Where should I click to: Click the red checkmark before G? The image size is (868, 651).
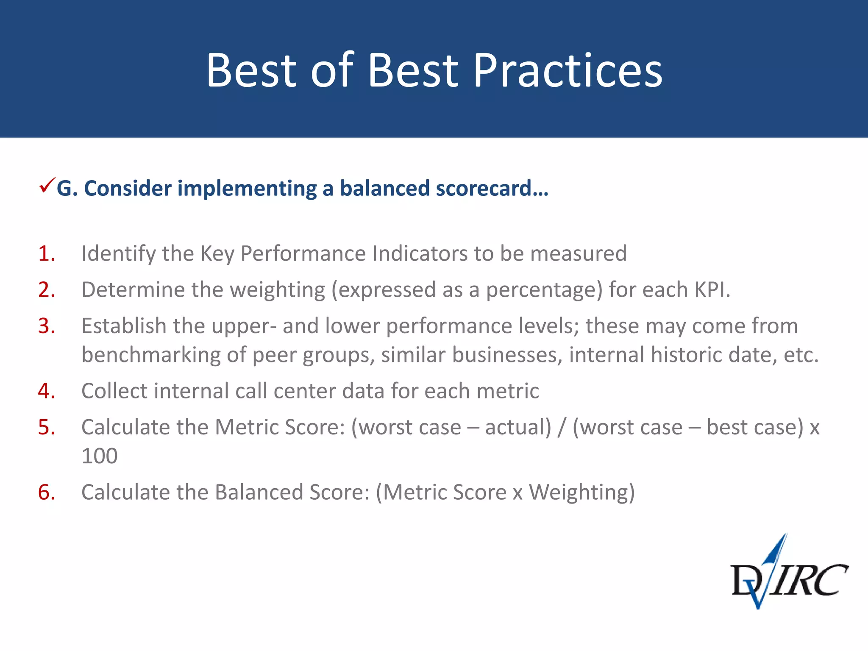[x=47, y=186]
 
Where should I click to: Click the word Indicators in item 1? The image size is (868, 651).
[x=420, y=253]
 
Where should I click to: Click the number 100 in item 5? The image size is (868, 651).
[x=100, y=456]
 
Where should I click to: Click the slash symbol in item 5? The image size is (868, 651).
[x=562, y=427]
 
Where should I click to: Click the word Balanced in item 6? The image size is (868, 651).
[x=259, y=492]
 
